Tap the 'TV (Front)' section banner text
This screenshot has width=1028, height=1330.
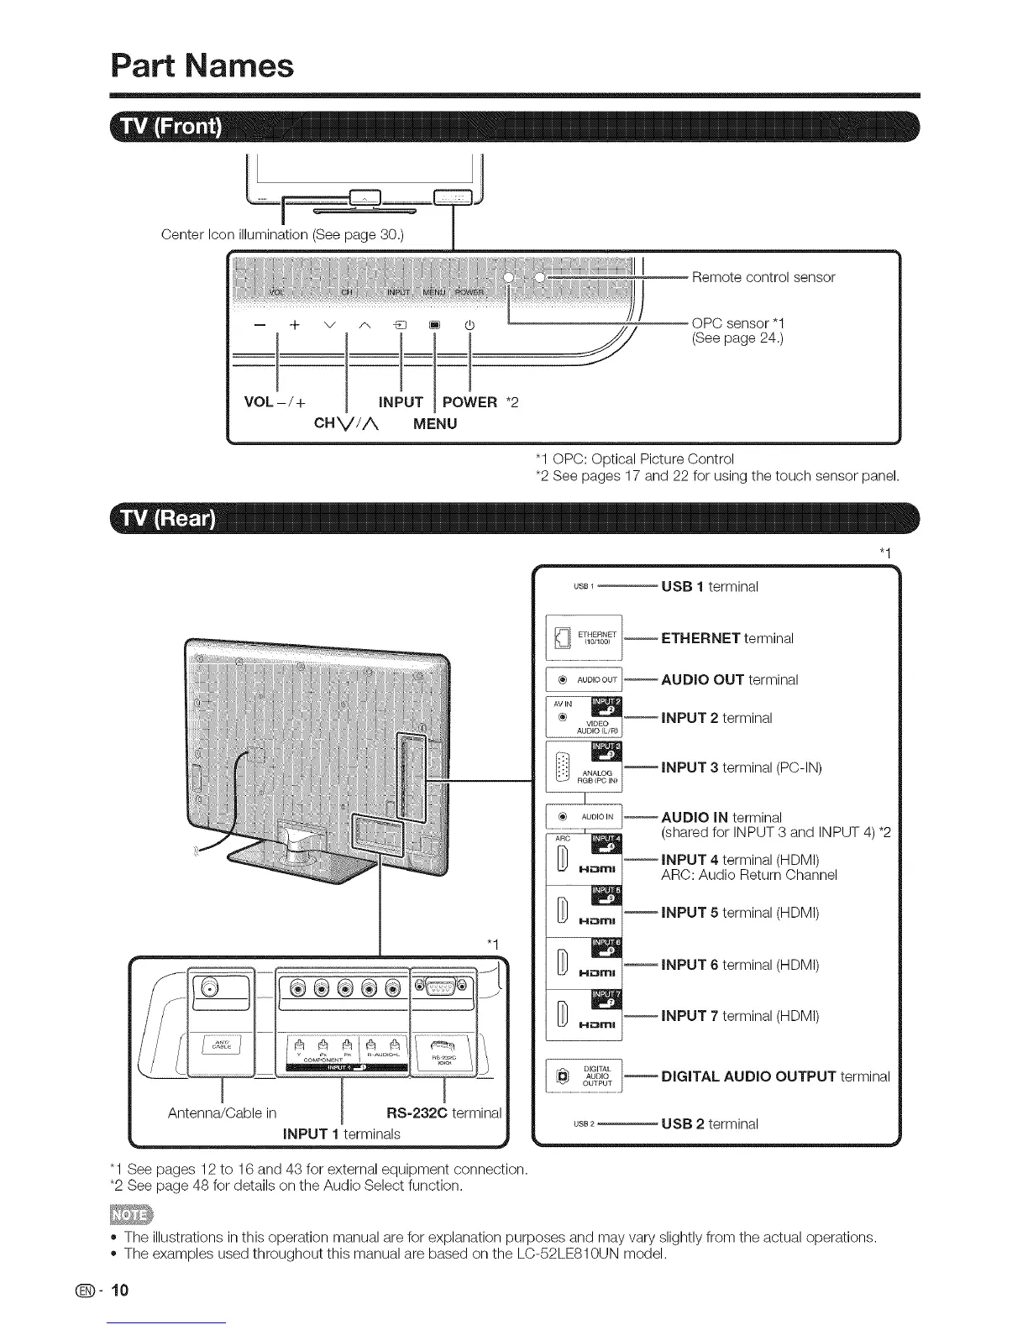pos(172,128)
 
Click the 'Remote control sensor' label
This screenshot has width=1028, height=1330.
pos(763,277)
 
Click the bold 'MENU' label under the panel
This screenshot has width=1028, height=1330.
pos(435,424)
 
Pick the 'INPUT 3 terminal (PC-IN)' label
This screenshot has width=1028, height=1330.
pos(741,767)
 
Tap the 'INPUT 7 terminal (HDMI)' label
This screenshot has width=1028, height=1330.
pos(739,1016)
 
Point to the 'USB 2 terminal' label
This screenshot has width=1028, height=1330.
pos(709,1123)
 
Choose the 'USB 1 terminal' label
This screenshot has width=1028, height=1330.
pos(709,586)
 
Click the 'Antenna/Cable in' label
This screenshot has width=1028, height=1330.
pos(222,1113)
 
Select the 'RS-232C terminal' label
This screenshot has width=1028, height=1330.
pos(443,1113)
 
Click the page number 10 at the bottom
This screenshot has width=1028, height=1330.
pos(121,1290)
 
